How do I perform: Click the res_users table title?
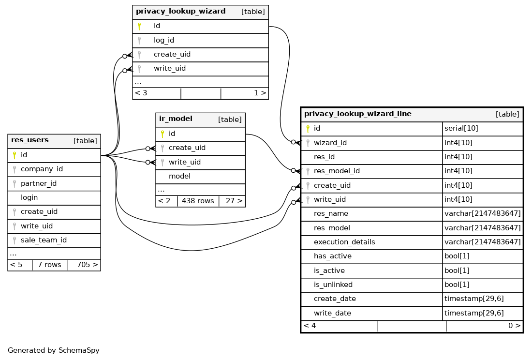[30, 140]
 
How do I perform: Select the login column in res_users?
[29, 197]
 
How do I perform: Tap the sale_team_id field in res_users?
[44, 240]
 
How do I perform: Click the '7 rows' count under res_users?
[49, 265]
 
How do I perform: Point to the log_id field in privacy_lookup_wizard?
[164, 40]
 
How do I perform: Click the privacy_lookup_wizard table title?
[180, 11]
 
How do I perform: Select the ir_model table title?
[176, 119]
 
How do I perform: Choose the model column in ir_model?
[179, 176]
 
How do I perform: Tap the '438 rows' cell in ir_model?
[198, 201]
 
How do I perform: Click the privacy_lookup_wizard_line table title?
[357, 114]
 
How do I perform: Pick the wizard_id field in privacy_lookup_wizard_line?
[330, 143]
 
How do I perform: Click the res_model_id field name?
[337, 171]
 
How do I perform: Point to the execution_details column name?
[344, 242]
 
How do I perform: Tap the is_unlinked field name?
[333, 285]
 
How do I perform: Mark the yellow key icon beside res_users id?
[15, 155]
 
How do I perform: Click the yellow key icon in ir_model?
[163, 134]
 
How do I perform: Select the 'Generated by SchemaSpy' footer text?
[54, 350]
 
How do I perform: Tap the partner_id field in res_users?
[39, 183]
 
